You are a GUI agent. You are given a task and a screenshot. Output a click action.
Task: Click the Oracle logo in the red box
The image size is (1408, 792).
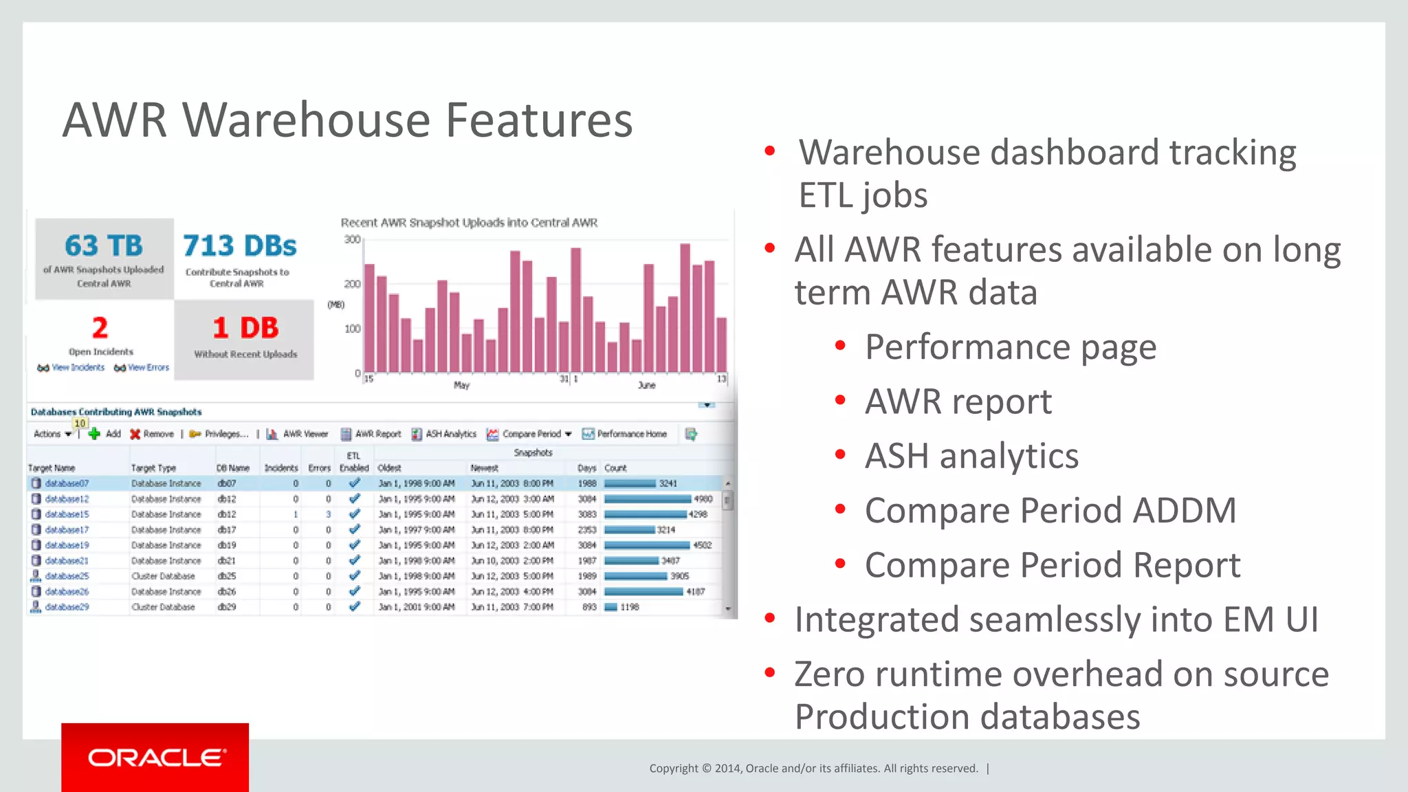pos(156,758)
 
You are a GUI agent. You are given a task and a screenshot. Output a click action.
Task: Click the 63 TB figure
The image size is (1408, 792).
pos(104,246)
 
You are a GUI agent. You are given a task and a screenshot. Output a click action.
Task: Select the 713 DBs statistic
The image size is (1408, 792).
pos(239,246)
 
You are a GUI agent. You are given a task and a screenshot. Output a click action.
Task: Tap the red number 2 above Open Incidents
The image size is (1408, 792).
pos(100,328)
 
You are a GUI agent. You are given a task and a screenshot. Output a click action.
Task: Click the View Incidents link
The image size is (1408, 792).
pos(78,368)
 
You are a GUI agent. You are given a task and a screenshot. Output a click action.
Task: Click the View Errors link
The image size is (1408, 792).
pos(148,368)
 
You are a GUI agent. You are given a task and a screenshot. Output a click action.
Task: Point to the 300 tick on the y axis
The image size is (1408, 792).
pos(352,239)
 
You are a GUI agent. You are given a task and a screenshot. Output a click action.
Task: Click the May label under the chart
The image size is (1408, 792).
pos(461,386)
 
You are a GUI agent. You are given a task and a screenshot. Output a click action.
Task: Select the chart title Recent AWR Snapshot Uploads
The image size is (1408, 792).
pos(469,223)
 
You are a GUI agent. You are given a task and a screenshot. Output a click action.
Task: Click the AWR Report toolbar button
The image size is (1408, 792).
pos(371,434)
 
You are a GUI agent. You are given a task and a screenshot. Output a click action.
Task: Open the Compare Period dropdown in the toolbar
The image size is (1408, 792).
pos(568,434)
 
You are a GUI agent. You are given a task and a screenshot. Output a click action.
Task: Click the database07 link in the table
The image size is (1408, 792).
pos(67,483)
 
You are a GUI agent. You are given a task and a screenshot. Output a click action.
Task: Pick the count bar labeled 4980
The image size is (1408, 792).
pos(648,499)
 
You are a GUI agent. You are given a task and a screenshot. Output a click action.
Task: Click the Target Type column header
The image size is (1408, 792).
pos(153,468)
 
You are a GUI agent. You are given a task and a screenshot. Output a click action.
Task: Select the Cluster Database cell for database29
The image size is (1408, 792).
pos(163,607)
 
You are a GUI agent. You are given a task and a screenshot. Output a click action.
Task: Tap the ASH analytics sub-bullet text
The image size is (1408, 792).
pos(971,456)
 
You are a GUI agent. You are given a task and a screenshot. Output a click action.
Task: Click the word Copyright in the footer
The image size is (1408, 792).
pos(673,769)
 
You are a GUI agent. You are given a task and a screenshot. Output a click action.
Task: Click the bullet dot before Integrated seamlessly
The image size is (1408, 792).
pos(770,619)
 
